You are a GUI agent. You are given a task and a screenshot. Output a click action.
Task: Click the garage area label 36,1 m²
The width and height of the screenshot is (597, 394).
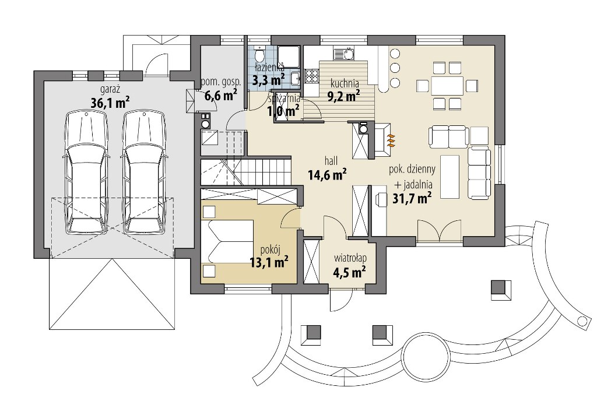(x=110, y=103)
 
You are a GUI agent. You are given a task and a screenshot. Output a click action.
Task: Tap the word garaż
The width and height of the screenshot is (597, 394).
(x=110, y=90)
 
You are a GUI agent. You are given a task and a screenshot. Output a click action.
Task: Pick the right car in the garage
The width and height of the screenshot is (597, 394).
(x=145, y=173)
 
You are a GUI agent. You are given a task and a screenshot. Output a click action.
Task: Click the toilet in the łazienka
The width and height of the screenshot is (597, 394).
(x=259, y=55)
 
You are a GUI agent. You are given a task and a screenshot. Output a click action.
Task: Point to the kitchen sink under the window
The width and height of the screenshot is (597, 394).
(x=344, y=54)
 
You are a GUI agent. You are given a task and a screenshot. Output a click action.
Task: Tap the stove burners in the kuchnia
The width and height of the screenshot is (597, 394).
(x=311, y=75)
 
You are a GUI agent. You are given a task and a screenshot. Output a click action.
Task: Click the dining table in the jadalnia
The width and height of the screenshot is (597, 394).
(x=447, y=85)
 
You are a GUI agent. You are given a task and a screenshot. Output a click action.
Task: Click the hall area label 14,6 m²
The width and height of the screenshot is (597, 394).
(x=327, y=174)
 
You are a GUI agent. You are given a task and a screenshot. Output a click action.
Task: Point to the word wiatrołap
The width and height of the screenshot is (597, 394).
(x=350, y=258)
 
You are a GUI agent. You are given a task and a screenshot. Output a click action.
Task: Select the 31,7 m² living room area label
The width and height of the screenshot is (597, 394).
(x=412, y=198)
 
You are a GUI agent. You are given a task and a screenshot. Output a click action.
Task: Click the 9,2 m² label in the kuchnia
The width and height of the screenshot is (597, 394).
(x=344, y=96)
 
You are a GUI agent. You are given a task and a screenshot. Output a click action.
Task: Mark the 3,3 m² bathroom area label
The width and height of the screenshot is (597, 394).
(x=269, y=80)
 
